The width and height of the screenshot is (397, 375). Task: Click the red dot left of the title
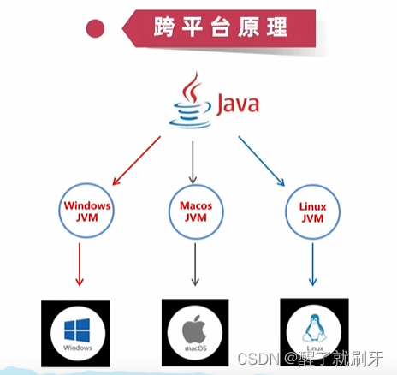(x=96, y=28)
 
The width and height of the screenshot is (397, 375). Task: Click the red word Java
(x=237, y=104)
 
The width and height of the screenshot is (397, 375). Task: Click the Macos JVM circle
(x=196, y=212)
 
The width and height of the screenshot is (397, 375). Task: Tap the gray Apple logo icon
(x=196, y=327)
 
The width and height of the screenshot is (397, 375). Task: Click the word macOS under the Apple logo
(x=196, y=348)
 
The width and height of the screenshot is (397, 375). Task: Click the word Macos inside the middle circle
(x=196, y=206)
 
